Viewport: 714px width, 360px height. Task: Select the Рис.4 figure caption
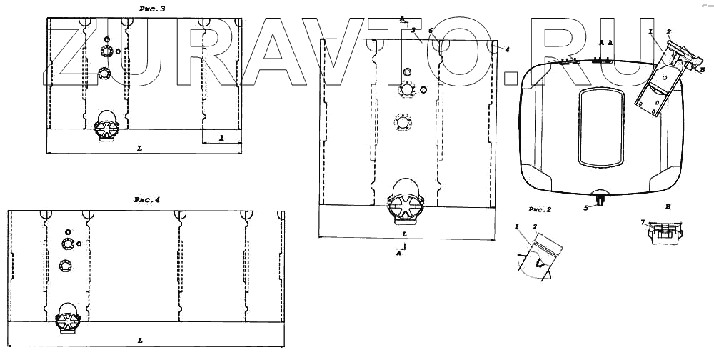point(147,201)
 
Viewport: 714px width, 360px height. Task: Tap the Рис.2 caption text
point(540,210)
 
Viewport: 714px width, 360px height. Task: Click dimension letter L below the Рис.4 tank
point(140,341)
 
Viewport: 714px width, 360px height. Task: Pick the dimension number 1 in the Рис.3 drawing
point(221,137)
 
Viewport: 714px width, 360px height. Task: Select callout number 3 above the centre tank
point(413,30)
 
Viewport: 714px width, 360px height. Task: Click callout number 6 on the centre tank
point(431,31)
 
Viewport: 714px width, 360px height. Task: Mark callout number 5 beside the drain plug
point(585,208)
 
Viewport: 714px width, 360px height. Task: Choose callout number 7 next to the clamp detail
point(643,223)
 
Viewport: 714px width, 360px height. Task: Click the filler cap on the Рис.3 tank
point(107,126)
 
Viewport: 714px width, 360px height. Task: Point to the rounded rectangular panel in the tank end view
point(600,124)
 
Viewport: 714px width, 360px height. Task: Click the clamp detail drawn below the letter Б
point(665,232)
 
